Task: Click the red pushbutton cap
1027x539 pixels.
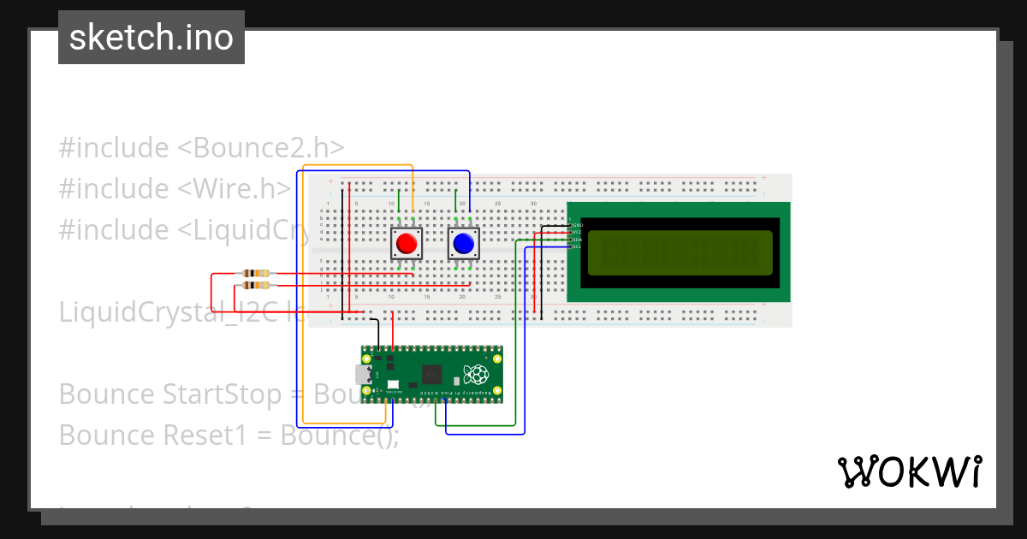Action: click(x=407, y=244)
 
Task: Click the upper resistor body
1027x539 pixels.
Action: click(x=256, y=274)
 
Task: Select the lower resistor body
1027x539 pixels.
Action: click(x=256, y=285)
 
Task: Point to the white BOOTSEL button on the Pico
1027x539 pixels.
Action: click(x=393, y=385)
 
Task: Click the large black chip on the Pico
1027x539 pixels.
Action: click(x=432, y=374)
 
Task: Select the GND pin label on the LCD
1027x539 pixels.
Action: click(x=577, y=225)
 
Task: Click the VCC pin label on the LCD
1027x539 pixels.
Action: click(x=577, y=232)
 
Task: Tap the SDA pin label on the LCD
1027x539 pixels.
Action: click(x=577, y=240)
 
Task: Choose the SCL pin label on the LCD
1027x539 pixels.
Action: click(x=577, y=246)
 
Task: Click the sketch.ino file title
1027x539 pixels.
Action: click(x=151, y=38)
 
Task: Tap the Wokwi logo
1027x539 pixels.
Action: click(x=909, y=472)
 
